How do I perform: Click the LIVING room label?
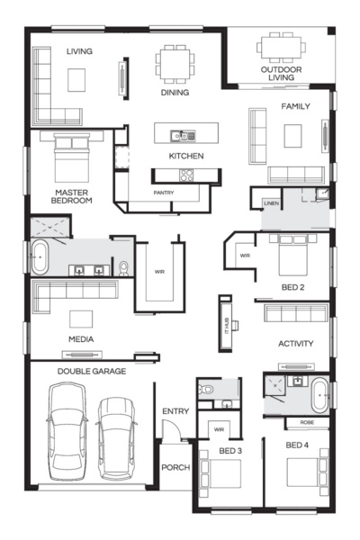[79, 51]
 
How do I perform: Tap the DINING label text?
[175, 92]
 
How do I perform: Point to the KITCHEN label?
[186, 156]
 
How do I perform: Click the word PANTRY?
[164, 193]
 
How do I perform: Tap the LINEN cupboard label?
[271, 204]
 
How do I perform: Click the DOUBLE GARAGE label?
[92, 371]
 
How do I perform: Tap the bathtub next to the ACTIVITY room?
[319, 395]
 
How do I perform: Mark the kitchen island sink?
[185, 136]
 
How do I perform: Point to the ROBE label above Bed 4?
[307, 421]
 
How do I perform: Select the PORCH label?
[175, 468]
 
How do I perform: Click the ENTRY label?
[175, 411]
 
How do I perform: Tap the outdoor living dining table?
[275, 46]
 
